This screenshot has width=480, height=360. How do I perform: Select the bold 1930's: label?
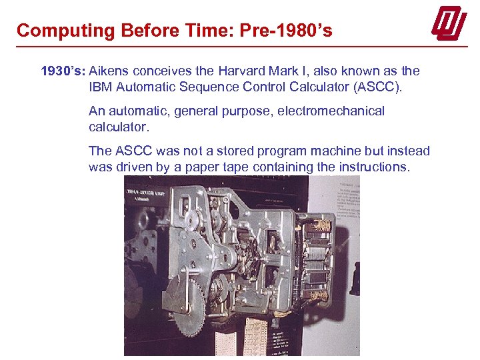pos(63,71)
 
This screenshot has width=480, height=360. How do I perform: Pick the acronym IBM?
pos(101,87)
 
